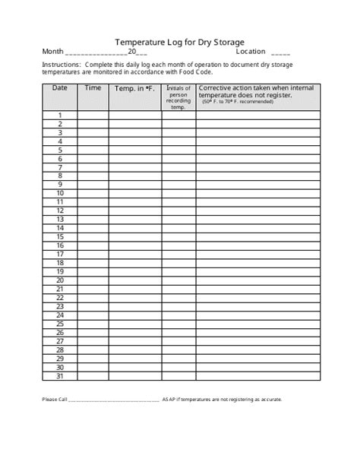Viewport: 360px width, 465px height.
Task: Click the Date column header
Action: click(x=59, y=88)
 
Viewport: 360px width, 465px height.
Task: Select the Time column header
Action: click(x=93, y=88)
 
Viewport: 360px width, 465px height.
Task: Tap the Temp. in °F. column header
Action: click(x=134, y=89)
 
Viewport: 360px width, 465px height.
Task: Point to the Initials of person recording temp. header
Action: click(x=178, y=97)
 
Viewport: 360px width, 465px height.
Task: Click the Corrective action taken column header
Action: click(x=257, y=93)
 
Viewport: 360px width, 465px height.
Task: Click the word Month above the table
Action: click(x=52, y=52)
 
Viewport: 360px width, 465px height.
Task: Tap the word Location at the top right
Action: click(x=251, y=52)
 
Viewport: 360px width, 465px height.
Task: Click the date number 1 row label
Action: click(x=59, y=115)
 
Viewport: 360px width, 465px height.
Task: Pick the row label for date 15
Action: click(x=59, y=237)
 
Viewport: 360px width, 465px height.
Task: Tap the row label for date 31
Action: click(x=59, y=376)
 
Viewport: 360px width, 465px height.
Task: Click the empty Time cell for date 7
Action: click(x=93, y=167)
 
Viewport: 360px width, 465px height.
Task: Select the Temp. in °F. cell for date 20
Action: click(x=134, y=280)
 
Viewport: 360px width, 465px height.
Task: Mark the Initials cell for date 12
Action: click(x=178, y=211)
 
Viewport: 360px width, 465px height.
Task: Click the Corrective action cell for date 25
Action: click(x=257, y=324)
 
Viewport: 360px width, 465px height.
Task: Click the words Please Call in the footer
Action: click(x=55, y=400)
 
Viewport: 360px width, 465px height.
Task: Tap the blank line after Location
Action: click(x=280, y=54)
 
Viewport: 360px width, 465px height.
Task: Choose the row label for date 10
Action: click(x=59, y=194)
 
